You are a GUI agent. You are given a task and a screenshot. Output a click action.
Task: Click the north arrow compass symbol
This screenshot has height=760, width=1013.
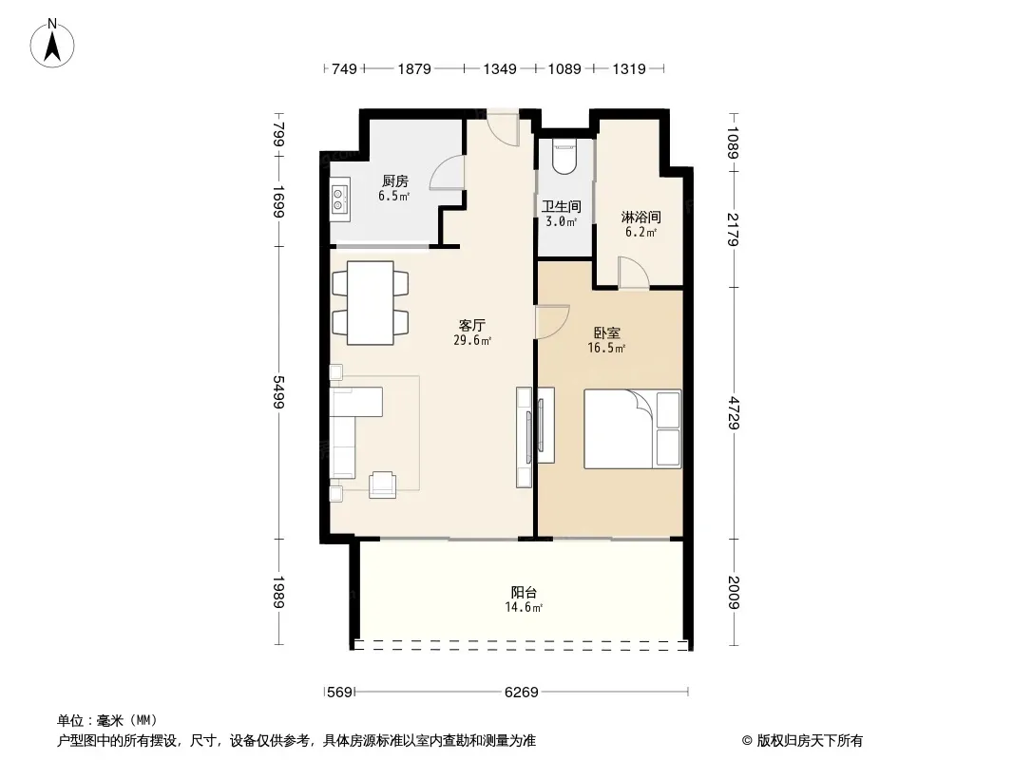(52, 44)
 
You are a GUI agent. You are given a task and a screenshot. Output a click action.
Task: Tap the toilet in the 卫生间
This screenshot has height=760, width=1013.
(564, 159)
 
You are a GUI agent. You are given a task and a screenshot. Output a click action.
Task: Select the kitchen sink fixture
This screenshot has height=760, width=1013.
(340, 199)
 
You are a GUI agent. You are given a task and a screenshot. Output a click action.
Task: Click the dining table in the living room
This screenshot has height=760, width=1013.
(371, 302)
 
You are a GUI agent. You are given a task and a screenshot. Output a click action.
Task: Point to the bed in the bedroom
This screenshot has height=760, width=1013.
(633, 428)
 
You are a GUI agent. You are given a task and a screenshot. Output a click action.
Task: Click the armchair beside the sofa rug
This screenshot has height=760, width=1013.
(382, 484)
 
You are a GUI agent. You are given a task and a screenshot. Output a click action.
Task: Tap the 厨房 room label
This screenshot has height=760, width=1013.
(394, 181)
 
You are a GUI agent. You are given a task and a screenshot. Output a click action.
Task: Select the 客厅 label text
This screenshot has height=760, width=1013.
(472, 326)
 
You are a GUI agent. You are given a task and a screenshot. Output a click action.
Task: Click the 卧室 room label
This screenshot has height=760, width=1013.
(606, 333)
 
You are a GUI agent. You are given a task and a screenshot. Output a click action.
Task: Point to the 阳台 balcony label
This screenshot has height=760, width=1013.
(524, 592)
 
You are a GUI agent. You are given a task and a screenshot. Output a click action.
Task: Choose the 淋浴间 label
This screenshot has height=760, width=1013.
(640, 217)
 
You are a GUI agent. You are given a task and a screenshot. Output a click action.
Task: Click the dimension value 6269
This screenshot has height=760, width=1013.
(522, 693)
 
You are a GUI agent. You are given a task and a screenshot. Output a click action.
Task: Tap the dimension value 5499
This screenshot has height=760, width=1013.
(278, 392)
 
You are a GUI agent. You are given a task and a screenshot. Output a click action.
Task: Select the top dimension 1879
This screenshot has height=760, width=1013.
(414, 68)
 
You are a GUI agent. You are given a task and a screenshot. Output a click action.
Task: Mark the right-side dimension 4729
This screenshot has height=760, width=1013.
(734, 413)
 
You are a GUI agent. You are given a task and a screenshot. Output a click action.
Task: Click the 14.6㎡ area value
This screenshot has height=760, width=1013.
(524, 607)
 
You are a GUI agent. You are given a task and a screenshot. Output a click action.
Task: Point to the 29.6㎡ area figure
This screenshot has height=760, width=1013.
(472, 340)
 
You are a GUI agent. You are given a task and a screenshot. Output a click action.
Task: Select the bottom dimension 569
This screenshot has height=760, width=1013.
(339, 693)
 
